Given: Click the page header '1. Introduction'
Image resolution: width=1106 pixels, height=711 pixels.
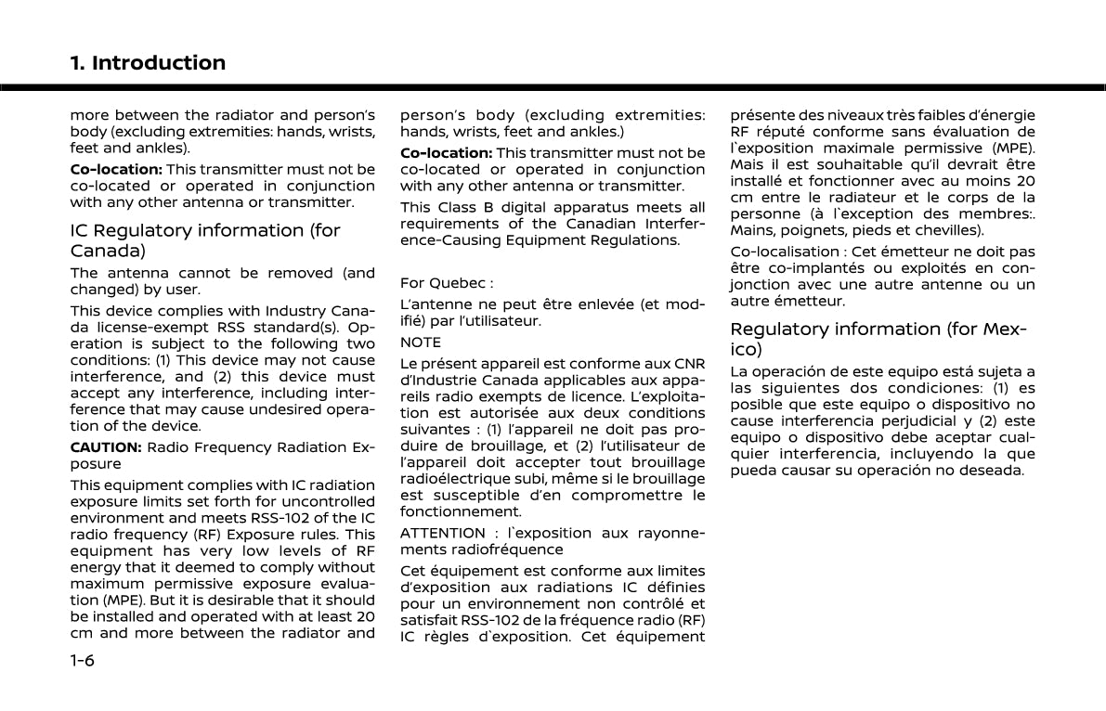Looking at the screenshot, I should coord(148,63).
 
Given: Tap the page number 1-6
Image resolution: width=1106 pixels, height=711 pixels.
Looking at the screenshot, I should coord(84,661).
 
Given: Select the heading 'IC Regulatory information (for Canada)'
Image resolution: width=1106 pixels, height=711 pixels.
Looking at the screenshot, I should coord(205,239).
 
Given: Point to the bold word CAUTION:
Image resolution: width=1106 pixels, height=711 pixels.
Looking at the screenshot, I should coord(106,447).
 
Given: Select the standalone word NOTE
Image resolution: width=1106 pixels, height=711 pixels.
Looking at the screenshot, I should coord(421,343).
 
